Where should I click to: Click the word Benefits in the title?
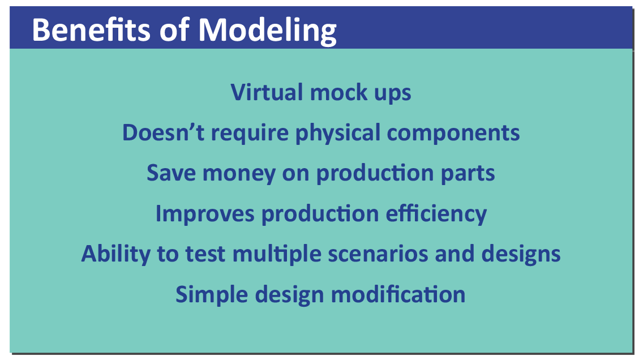tap(91, 30)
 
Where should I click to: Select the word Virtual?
tap(267, 92)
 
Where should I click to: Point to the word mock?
tap(333, 92)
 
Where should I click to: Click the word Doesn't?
tap(163, 132)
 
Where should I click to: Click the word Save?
tap(171, 173)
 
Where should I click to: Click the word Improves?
tap(205, 214)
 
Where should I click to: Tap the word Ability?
tap(116, 254)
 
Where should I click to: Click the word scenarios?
tap(378, 254)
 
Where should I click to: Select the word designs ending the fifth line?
tap(521, 254)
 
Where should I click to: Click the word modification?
tap(398, 294)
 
